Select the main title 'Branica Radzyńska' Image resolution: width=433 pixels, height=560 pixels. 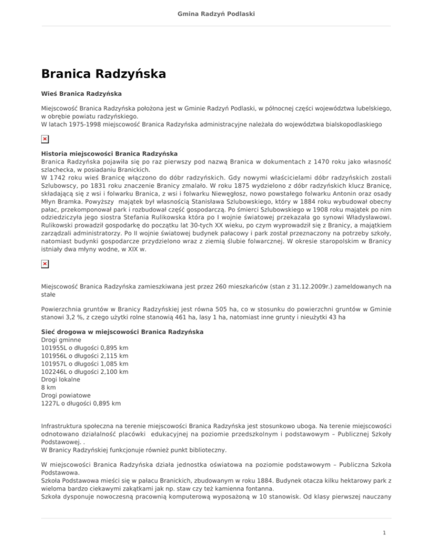(x=103, y=73)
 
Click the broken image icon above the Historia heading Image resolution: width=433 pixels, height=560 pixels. (x=45, y=139)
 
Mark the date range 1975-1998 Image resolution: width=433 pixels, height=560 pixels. (x=83, y=122)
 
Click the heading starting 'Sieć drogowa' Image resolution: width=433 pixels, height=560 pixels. (x=122, y=332)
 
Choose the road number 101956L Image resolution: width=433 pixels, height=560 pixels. (x=59, y=356)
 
